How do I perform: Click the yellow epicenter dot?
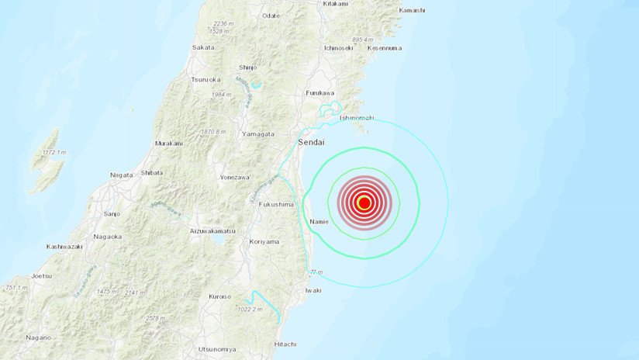click(x=364, y=203)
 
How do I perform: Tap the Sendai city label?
click(x=312, y=143)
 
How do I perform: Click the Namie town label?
click(x=319, y=222)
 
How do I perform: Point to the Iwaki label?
click(x=313, y=290)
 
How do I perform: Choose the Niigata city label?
click(x=122, y=175)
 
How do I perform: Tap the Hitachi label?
click(x=285, y=344)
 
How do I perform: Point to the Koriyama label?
click(x=264, y=241)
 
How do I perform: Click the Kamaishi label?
click(x=412, y=10)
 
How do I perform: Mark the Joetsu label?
click(x=42, y=275)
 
